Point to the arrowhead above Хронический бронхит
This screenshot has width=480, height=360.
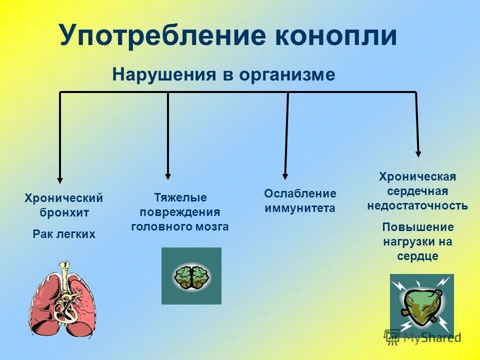[60, 179]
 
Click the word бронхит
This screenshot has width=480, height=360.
[64, 212]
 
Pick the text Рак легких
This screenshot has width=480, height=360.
[64, 233]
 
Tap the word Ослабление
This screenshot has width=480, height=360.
[300, 193]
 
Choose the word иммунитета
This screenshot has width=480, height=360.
[300, 208]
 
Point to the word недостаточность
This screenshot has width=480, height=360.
[417, 205]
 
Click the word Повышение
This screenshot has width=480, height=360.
[418, 227]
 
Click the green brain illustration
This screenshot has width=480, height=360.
[191, 276]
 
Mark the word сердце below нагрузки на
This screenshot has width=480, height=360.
[418, 256]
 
